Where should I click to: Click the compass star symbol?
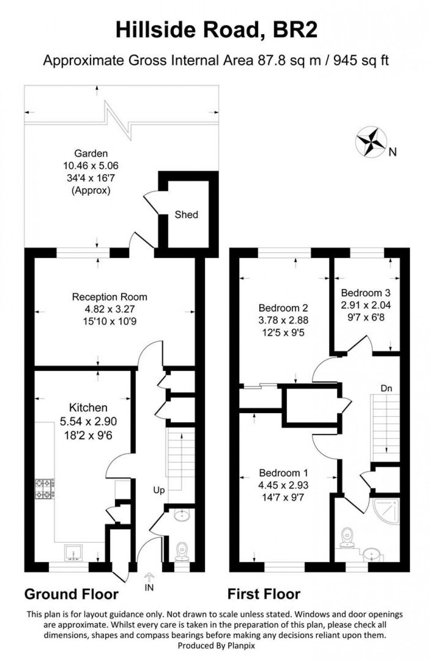pyautogui.click(x=371, y=141)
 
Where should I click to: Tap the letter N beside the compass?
pyautogui.click(x=393, y=152)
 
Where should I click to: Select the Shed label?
pyautogui.click(x=186, y=214)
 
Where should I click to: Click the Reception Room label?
pyautogui.click(x=109, y=297)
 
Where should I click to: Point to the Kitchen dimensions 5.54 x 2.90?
pyautogui.click(x=88, y=421)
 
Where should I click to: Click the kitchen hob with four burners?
pyautogui.click(x=45, y=489)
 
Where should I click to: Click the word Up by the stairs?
pyautogui.click(x=159, y=490)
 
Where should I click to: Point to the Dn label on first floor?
pyautogui.click(x=386, y=389)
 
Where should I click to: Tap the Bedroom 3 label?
pyautogui.click(x=365, y=293)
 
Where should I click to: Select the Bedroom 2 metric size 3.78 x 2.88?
pyautogui.click(x=283, y=320)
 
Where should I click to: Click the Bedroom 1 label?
pyautogui.click(x=283, y=473)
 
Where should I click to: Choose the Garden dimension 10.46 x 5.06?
pyautogui.click(x=91, y=166)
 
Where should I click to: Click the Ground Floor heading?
pyautogui.click(x=72, y=594)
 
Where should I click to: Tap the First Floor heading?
pyautogui.click(x=264, y=594)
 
